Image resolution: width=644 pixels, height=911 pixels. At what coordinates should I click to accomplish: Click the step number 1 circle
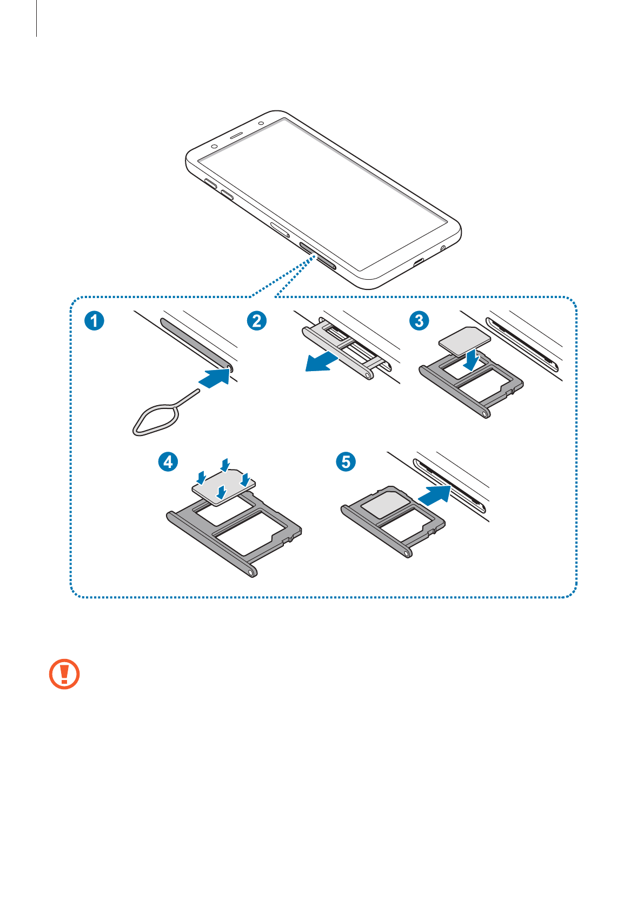tap(94, 321)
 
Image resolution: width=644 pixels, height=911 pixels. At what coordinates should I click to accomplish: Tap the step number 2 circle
tap(257, 321)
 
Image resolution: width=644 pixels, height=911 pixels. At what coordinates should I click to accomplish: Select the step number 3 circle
tap(419, 321)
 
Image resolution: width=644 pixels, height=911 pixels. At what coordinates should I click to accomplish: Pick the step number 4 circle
tap(168, 462)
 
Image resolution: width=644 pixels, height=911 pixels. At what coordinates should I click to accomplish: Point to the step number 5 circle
tap(346, 462)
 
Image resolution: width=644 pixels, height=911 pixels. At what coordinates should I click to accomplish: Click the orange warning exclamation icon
tap(64, 674)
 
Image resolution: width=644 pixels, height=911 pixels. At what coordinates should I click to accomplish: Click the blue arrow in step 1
tap(215, 377)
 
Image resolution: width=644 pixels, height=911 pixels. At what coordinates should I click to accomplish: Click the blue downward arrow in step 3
tap(473, 360)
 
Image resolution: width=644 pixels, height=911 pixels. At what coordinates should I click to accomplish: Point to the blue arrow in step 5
tap(435, 494)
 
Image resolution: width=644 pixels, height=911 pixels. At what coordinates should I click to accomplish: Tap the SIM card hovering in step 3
tap(464, 341)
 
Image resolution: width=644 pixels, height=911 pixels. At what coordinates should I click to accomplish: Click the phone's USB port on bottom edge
tap(418, 263)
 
